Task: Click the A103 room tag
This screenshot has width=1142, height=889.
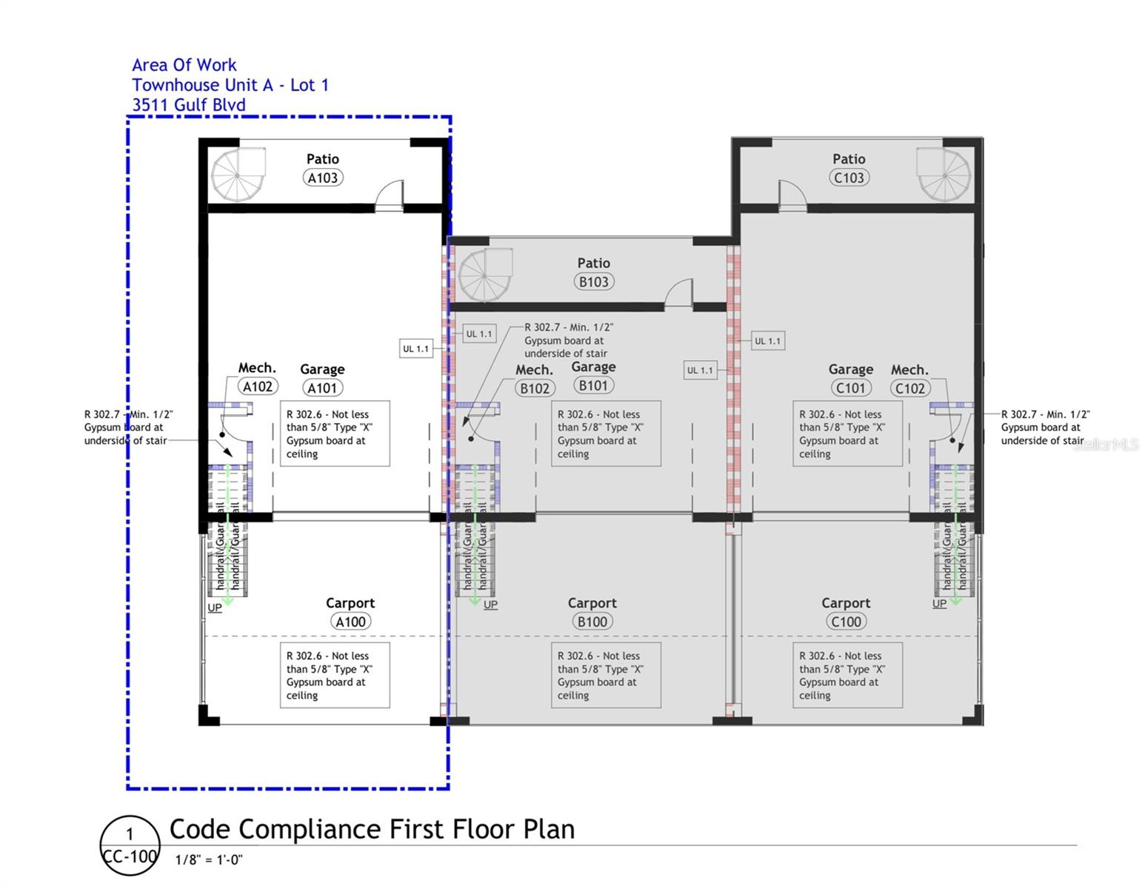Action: (x=322, y=178)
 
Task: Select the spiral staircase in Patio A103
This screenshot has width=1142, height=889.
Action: (x=238, y=175)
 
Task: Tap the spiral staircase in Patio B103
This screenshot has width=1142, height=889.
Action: (x=485, y=276)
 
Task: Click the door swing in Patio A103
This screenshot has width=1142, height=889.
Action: (x=390, y=194)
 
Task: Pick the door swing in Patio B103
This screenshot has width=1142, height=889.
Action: (x=678, y=293)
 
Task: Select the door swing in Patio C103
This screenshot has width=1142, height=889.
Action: (x=792, y=194)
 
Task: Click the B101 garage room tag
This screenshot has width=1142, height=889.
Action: (x=593, y=385)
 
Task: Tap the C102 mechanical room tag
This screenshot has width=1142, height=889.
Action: (x=909, y=388)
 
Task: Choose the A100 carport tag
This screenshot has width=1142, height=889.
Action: (x=350, y=622)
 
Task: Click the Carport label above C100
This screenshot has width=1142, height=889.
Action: (x=846, y=603)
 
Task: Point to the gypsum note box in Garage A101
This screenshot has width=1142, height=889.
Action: (x=335, y=434)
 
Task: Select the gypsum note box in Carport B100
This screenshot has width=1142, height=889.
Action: (x=606, y=676)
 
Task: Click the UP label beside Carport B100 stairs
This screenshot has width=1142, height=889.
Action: (x=490, y=605)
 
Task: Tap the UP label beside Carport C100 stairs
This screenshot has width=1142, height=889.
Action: (x=939, y=604)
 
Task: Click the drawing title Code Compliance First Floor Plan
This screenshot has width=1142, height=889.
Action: (x=372, y=829)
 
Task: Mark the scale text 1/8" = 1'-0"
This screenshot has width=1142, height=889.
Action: (x=209, y=860)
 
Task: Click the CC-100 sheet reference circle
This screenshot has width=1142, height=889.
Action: (x=130, y=845)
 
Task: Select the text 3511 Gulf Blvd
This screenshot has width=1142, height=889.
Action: (x=189, y=105)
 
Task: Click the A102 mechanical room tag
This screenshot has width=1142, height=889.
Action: (x=258, y=386)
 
